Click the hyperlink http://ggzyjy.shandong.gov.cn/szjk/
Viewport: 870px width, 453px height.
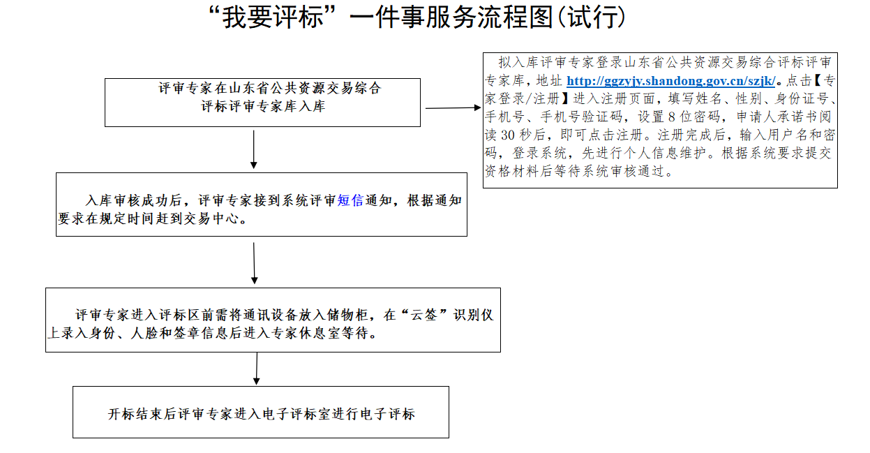(x=670, y=81)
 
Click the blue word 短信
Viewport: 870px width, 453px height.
(x=350, y=200)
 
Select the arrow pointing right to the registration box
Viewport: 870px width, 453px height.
(x=453, y=108)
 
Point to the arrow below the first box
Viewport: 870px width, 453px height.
(x=254, y=149)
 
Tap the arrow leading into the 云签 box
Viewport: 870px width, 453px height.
(x=255, y=263)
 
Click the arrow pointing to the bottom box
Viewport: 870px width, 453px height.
(x=256, y=369)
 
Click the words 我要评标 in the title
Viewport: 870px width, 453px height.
(x=273, y=18)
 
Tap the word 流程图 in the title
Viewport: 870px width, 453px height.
(x=515, y=18)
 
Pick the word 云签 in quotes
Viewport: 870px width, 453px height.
(x=423, y=315)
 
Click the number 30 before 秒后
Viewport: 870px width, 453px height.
(x=508, y=135)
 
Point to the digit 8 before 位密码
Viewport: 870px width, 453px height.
(x=672, y=117)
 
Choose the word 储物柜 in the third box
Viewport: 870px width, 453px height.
(x=347, y=315)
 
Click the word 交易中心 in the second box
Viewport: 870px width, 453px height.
(x=210, y=218)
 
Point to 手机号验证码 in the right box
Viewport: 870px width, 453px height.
(x=581, y=117)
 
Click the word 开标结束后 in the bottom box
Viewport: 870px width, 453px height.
(x=142, y=414)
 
